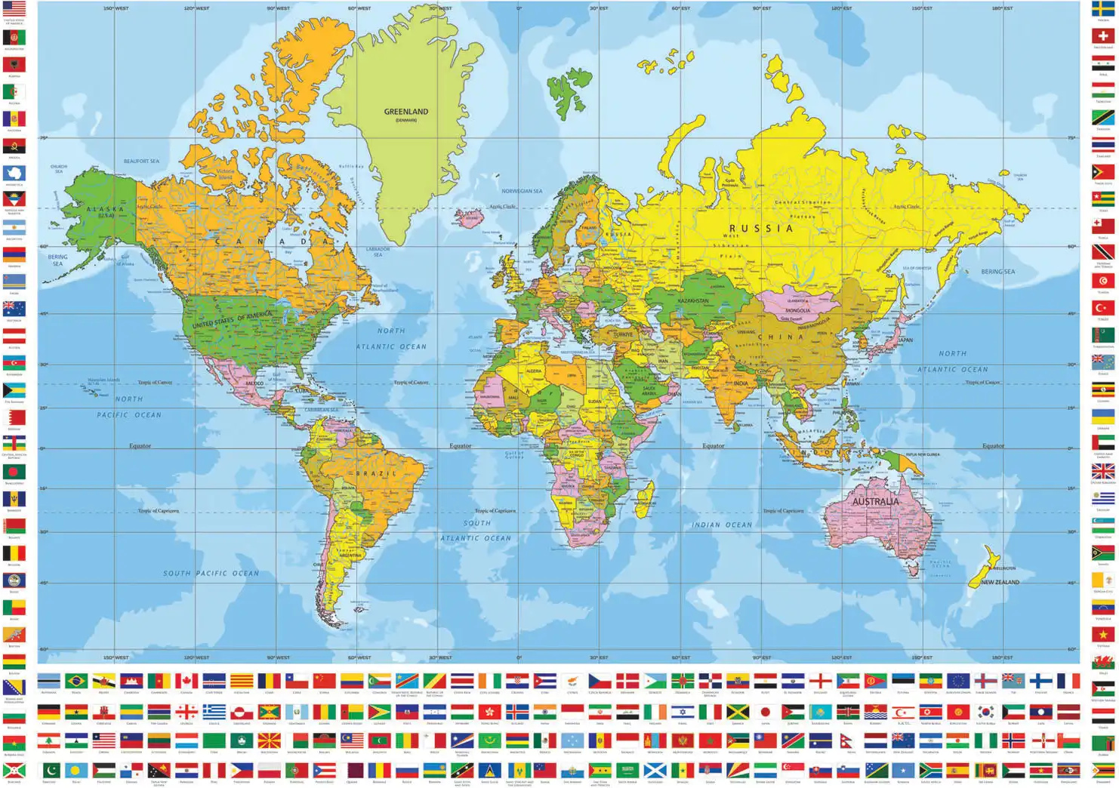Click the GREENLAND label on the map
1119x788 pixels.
pos(405,112)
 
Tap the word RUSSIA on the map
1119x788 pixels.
pos(760,228)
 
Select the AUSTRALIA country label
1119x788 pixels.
pos(875,501)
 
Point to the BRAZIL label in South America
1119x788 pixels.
pos(376,473)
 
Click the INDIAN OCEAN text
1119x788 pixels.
pos(722,525)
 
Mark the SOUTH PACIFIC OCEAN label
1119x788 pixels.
pos(211,574)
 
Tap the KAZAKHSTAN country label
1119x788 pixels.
pos(692,300)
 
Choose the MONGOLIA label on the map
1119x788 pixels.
pos(797,310)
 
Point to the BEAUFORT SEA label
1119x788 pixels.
pos(141,161)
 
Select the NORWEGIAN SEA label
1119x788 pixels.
pos(522,191)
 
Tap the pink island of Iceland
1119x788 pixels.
pos(469,218)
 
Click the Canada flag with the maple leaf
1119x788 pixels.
pos(186,681)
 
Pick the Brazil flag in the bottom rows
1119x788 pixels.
pos(76,681)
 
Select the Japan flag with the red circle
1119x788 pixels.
pos(766,713)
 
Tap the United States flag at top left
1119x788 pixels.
pos(14,10)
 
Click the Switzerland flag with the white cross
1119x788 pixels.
pos(1102,36)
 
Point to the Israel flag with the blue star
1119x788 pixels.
pos(683,713)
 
